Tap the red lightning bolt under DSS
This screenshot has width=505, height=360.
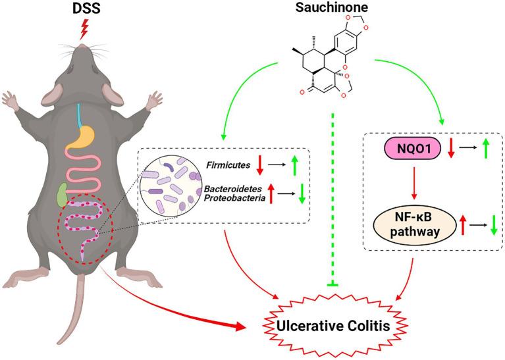point(83,28)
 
